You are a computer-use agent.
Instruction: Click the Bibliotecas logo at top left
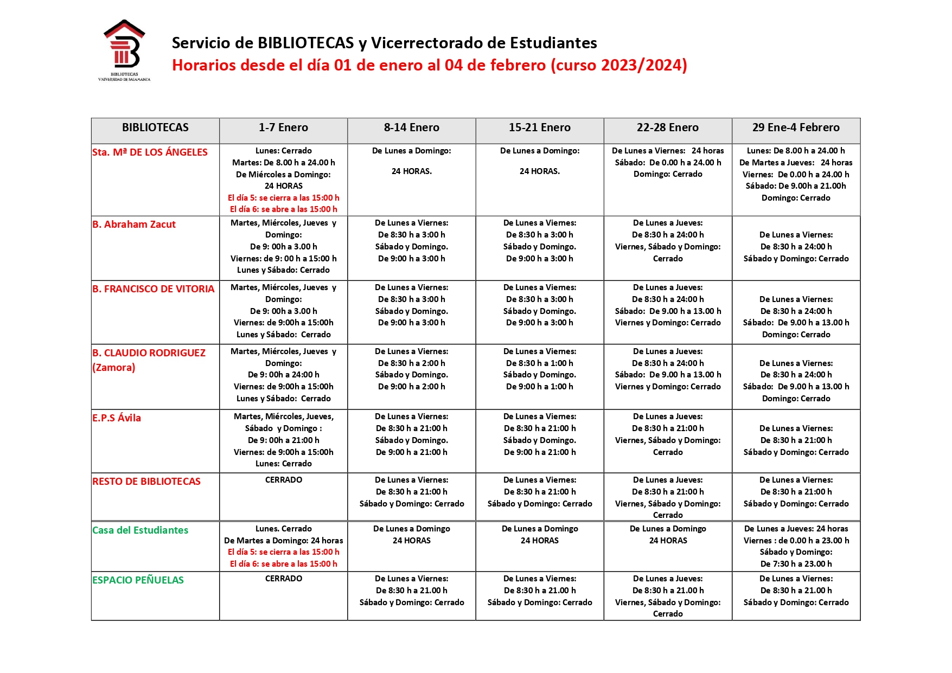(124, 50)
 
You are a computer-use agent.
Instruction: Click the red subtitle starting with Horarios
(429, 65)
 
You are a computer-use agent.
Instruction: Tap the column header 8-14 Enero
(411, 128)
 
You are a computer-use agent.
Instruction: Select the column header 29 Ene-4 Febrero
(795, 128)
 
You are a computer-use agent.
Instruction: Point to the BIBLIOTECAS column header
(155, 128)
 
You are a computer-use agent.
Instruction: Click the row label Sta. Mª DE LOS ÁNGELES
(150, 152)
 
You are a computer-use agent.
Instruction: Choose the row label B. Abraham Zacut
(134, 225)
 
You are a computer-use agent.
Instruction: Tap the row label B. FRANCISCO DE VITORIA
(153, 289)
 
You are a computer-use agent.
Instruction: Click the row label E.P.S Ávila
(117, 418)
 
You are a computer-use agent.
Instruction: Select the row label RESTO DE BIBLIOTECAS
(146, 482)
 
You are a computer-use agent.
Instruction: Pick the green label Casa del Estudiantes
(140, 530)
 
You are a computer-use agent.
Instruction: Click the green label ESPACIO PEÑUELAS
(138, 580)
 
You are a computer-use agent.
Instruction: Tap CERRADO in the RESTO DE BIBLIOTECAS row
(284, 480)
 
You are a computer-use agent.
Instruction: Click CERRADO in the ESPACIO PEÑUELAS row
(284, 579)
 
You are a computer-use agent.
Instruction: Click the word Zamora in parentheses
(114, 368)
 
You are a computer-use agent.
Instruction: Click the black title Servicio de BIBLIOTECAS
(384, 43)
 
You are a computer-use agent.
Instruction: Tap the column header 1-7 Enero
(283, 128)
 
